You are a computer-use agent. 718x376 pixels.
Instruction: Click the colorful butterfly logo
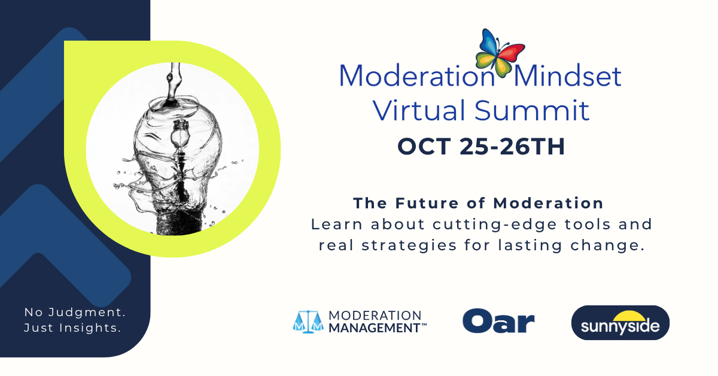[x=500, y=53]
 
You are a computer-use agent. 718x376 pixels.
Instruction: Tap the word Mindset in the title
[x=567, y=76]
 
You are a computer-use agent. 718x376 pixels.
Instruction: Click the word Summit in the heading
[x=532, y=110]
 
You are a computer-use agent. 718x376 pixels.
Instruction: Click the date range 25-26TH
[x=512, y=147]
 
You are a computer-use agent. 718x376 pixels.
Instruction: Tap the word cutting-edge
[x=495, y=225]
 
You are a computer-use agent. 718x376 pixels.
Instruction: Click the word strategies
[x=409, y=245]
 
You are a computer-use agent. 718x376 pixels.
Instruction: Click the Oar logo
[x=498, y=321]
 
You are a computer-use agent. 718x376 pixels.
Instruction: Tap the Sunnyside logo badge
[x=620, y=323]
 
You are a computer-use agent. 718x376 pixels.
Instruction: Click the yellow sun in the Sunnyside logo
[x=629, y=316]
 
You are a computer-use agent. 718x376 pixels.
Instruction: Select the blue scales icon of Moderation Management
[x=308, y=322]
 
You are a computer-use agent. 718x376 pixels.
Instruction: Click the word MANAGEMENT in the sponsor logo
[x=375, y=328]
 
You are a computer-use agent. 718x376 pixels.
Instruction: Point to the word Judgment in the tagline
[x=87, y=312]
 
